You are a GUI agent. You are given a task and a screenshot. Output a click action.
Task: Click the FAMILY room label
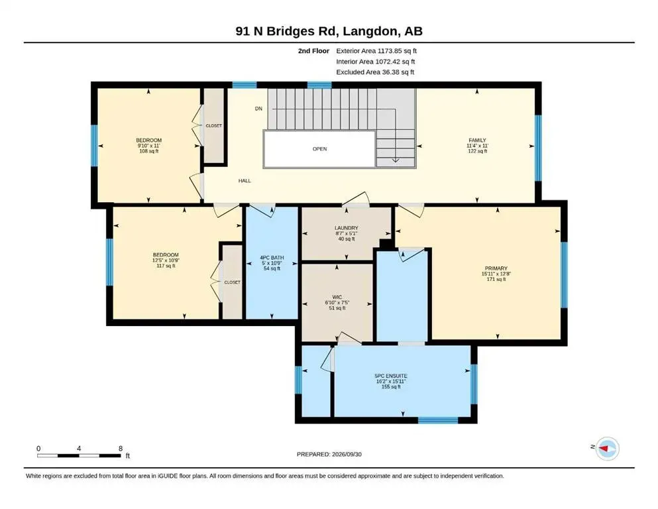[x=477, y=140]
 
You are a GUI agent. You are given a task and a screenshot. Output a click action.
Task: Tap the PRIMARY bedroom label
[x=496, y=268]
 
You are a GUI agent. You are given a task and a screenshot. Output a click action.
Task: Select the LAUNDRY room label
[x=346, y=228]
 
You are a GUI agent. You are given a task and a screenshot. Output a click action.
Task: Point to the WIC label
[x=337, y=297]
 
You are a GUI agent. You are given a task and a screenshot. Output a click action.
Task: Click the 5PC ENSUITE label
[x=391, y=376]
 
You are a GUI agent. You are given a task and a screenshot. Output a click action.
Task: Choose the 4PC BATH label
[x=272, y=258]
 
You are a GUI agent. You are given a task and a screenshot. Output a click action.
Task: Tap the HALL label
[x=245, y=181]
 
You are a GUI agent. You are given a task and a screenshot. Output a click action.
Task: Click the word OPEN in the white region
[x=320, y=149]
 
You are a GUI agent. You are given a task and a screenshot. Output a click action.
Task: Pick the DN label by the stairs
[x=258, y=109]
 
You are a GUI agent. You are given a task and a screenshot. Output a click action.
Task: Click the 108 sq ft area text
[x=149, y=151]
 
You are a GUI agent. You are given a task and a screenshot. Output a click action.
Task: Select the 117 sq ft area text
[x=166, y=266]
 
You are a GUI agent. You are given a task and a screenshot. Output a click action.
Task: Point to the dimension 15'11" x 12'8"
[x=496, y=274]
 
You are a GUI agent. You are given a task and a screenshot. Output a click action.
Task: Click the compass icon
[x=608, y=449]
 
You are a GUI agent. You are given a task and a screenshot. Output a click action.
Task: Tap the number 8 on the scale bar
[x=121, y=449]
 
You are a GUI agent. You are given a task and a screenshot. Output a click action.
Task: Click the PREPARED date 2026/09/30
[x=347, y=454]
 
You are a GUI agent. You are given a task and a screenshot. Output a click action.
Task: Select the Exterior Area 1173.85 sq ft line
[x=376, y=51]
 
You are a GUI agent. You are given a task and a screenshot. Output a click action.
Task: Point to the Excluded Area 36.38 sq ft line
[x=375, y=72]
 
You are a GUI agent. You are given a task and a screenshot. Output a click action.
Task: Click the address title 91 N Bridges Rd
[x=287, y=31]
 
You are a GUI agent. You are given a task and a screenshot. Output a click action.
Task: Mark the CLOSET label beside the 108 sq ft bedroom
[x=213, y=125]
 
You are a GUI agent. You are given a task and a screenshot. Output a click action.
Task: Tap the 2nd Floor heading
[x=313, y=51]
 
